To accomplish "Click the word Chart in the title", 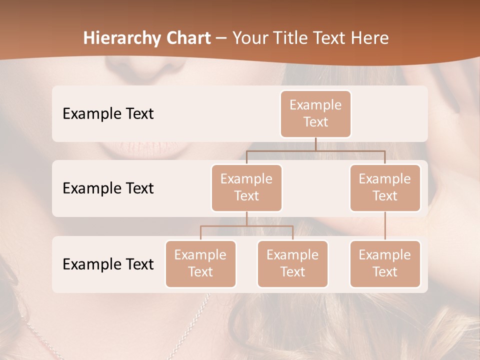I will click(187, 38).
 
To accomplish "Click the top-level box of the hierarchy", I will click(315, 113).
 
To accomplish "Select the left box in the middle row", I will click(246, 187).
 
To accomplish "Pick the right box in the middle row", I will click(385, 187).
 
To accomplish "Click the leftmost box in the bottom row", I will click(200, 263).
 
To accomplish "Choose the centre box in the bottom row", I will click(292, 263).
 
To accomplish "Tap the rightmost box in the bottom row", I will click(385, 263).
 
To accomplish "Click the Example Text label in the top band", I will click(108, 114).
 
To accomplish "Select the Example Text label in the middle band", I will click(108, 188).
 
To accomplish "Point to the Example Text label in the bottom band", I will click(108, 264).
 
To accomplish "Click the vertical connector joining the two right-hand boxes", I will click(385, 226).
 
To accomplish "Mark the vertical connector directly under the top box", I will click(315, 144).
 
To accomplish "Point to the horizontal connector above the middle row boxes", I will click(315, 150).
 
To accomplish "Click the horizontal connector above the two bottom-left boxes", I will click(246, 226).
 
